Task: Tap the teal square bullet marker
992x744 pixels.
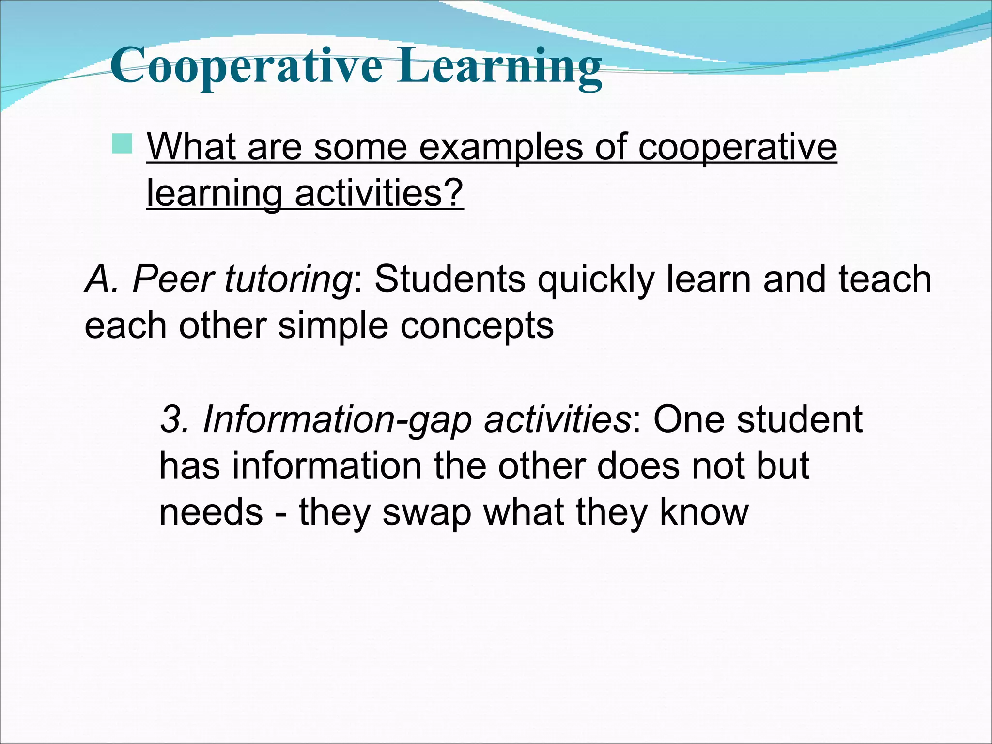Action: (122, 144)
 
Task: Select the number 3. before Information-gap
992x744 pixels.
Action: (173, 419)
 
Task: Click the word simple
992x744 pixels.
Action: (333, 326)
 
